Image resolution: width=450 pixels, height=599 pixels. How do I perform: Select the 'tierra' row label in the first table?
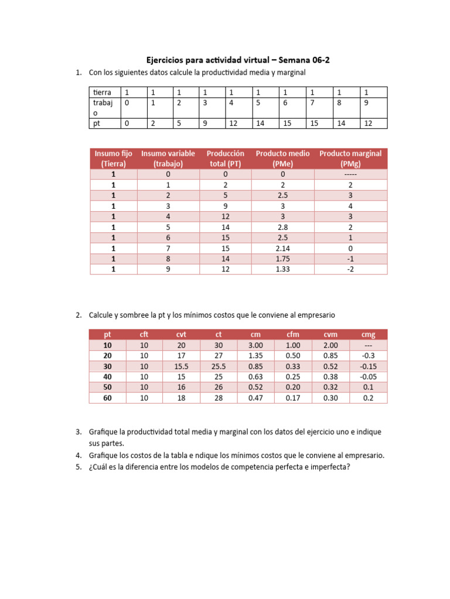102,92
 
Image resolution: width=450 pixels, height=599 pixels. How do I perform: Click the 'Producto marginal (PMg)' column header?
350,159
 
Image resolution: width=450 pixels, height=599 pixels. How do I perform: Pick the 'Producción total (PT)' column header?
226,159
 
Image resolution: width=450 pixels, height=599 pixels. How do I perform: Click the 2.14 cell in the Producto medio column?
283,248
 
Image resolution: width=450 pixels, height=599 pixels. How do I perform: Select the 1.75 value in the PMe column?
283,259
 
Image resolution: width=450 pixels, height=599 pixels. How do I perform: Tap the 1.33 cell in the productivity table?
283,269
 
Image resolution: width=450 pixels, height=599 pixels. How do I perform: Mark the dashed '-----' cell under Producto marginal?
350,174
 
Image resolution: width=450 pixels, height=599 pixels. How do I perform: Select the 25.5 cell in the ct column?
219,366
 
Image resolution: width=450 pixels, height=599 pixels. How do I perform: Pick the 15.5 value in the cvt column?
181,366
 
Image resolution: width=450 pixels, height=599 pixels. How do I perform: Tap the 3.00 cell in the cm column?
255,345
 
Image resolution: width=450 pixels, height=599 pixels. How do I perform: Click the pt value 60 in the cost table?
108,398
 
